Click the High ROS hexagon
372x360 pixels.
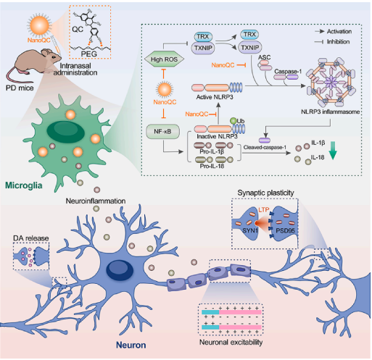[164, 59]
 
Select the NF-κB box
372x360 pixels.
[162, 132]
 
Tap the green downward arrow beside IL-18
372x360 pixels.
[333, 151]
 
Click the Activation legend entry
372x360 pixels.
[333, 31]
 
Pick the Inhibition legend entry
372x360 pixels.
[332, 42]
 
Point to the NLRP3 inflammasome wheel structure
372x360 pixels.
[331, 82]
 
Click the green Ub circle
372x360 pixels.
[233, 121]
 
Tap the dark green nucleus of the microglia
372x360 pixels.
[65, 131]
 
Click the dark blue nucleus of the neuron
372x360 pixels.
[120, 269]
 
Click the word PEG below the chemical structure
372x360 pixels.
[88, 54]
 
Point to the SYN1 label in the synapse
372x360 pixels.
[250, 230]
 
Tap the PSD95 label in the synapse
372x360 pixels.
[285, 230]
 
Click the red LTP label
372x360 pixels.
[264, 209]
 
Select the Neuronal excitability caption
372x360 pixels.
[231, 342]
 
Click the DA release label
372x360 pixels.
[31, 238]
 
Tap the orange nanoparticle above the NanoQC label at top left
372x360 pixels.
[39, 25]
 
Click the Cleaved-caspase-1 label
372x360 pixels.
[265, 147]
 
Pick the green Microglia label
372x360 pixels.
[24, 185]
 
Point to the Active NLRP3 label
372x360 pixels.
[215, 97]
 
